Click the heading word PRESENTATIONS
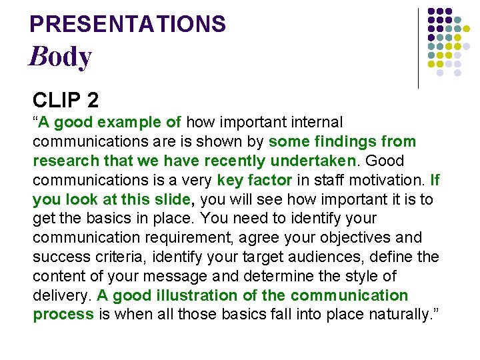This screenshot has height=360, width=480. pos(128,25)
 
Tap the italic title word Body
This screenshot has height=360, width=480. pos(60,57)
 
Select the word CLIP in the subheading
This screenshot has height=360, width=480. pos(56,100)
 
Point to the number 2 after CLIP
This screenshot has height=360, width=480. pos(93,100)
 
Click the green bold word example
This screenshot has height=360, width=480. pos(130,123)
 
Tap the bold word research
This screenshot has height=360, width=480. pos(63,161)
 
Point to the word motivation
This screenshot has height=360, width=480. pos(387,180)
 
